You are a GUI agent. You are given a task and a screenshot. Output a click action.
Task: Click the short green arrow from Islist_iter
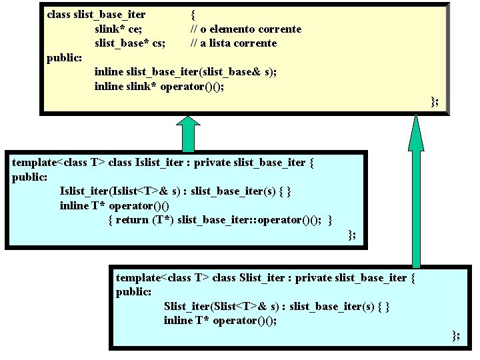[x=188, y=133]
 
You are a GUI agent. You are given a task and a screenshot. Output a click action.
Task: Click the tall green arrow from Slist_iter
[x=416, y=193]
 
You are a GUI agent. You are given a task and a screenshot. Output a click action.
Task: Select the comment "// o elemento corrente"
[x=245, y=29]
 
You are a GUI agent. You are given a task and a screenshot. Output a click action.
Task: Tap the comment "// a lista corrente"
[x=233, y=43]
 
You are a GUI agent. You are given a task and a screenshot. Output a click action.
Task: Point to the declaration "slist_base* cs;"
[x=130, y=43]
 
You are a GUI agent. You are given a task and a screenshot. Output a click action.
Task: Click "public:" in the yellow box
[x=64, y=57]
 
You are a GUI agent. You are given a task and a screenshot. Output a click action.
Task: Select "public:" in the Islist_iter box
[x=29, y=177]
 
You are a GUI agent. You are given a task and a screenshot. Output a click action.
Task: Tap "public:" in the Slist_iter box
[x=133, y=291]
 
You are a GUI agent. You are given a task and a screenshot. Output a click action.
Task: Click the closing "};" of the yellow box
[x=434, y=101]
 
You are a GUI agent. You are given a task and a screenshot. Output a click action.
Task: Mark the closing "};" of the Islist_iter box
[x=352, y=234]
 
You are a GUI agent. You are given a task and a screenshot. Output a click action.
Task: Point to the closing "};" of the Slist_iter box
[x=455, y=335]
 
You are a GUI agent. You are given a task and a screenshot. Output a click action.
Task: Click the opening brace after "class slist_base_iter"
[x=193, y=13]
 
